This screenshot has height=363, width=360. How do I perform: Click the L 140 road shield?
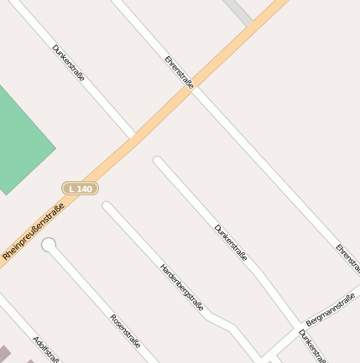point(80,189)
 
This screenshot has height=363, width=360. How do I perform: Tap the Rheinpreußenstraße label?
point(34,230)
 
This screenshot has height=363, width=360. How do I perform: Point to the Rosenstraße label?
point(125,331)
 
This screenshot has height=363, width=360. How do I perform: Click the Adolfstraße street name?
point(46,349)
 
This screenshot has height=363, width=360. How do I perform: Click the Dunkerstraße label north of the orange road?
point(68,63)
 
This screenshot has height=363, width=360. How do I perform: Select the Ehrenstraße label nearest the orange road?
point(180,72)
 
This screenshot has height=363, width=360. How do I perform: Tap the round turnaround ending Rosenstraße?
point(49,245)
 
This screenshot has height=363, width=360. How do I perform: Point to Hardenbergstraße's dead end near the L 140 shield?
point(107,206)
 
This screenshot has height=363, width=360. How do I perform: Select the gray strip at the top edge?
point(239,11)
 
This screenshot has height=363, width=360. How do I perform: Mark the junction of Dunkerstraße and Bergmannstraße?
point(300,326)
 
